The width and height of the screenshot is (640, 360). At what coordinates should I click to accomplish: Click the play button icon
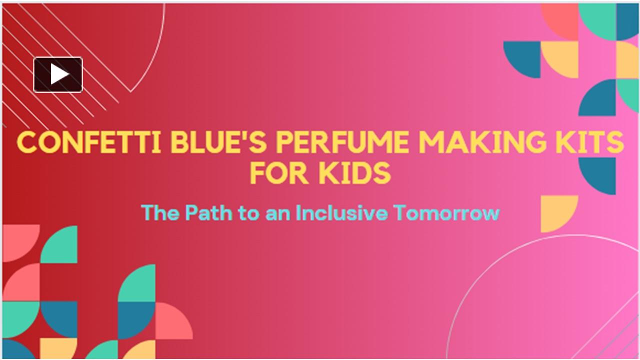[x=58, y=74]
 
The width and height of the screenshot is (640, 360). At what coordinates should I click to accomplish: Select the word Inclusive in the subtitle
[x=341, y=213]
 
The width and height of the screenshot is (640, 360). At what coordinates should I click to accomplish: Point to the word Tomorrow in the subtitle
[x=446, y=213]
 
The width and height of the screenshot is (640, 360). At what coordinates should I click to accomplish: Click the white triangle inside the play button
[x=59, y=74]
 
